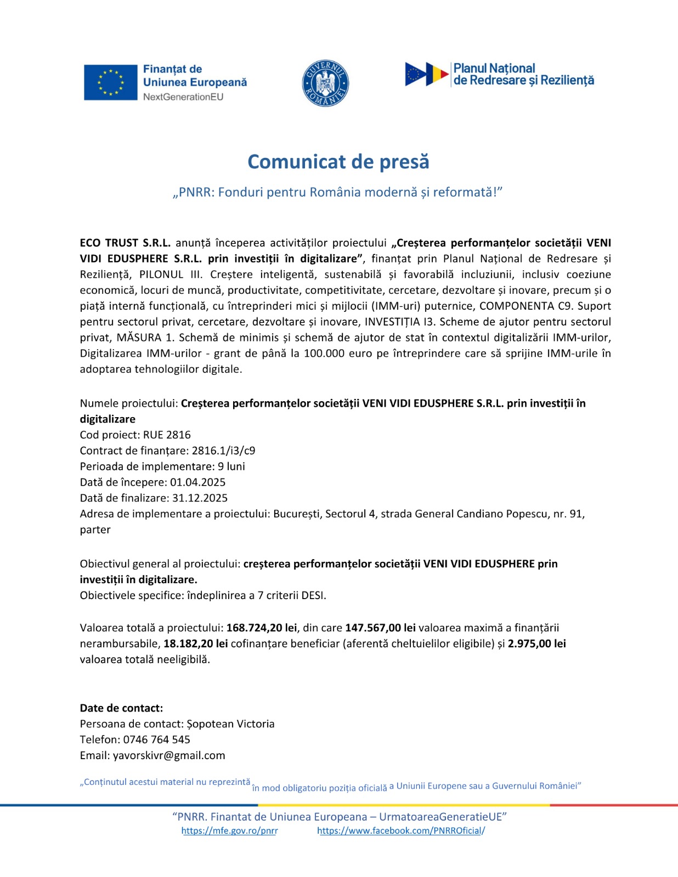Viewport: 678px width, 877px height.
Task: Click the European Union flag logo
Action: (110, 82)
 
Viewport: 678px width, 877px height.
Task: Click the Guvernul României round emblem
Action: (325, 83)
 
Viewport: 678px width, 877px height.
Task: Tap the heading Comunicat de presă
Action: (338, 162)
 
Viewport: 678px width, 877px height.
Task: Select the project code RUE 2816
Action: (167, 435)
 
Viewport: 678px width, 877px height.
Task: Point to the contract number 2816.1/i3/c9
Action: (223, 451)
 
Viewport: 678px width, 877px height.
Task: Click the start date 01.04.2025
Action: (197, 482)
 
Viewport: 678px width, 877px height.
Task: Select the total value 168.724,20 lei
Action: (262, 628)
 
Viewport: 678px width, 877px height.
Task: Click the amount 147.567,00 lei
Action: (380, 628)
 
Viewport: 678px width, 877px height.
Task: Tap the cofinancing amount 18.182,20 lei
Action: (195, 643)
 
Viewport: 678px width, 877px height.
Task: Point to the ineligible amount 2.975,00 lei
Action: (536, 643)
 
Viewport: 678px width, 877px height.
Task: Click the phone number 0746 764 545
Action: (156, 739)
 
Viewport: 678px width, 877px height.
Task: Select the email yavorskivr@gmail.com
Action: (169, 755)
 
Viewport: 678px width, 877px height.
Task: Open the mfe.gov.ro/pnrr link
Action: (229, 831)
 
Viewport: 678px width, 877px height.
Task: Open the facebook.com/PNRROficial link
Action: (400, 831)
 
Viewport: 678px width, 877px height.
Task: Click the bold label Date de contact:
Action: (121, 708)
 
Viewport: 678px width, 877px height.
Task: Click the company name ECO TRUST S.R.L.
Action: (125, 243)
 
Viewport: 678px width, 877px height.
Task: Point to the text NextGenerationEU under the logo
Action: (183, 97)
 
